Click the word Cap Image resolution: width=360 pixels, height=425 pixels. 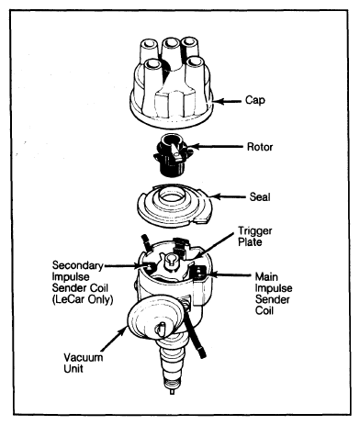(x=255, y=101)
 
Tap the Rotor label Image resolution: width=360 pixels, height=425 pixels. (x=260, y=147)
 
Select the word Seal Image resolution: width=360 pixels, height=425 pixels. (x=260, y=196)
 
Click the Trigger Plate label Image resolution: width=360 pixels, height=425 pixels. (x=255, y=236)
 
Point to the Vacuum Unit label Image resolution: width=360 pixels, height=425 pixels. (x=83, y=363)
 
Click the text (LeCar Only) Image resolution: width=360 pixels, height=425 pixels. (x=83, y=299)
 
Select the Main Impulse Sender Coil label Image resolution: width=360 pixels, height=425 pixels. (x=274, y=294)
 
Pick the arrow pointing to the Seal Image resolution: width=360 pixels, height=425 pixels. (x=228, y=196)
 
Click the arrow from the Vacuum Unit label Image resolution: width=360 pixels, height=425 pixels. (x=114, y=339)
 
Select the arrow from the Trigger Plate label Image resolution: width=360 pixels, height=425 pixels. (x=214, y=245)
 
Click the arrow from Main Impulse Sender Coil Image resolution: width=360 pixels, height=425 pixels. (x=230, y=274)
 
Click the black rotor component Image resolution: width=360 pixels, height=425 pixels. (x=172, y=155)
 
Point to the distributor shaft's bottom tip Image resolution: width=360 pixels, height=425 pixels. (x=173, y=391)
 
